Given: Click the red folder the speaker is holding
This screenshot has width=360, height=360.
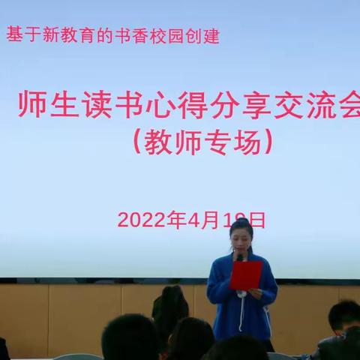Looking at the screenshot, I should click(x=246, y=274).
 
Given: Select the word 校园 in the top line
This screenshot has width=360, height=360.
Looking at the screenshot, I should click(x=169, y=36).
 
